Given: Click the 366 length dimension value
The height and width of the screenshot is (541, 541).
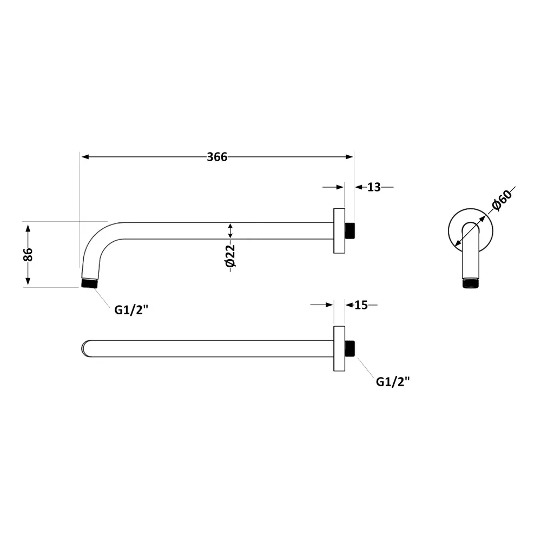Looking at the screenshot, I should pos(217,157).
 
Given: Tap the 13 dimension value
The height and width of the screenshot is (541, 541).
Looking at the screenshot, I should pos(374,187).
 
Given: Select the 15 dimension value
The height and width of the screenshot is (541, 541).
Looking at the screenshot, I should pos(361,305).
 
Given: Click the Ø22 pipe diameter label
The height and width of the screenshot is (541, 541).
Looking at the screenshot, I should pos(230,257).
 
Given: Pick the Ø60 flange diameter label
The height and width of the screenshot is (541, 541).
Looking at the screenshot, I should pos(502,201).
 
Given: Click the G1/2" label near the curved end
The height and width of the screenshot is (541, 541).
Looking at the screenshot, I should pos(131,310).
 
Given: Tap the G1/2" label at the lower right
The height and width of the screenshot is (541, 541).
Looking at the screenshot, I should pos(393,381).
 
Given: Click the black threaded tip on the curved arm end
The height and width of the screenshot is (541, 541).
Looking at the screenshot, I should pos(89,282).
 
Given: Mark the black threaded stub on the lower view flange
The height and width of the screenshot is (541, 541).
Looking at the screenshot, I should pos(350,348).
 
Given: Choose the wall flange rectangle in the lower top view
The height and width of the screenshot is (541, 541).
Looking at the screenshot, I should pos(339,348).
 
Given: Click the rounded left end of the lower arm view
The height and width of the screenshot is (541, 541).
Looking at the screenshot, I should pos(85,348).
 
